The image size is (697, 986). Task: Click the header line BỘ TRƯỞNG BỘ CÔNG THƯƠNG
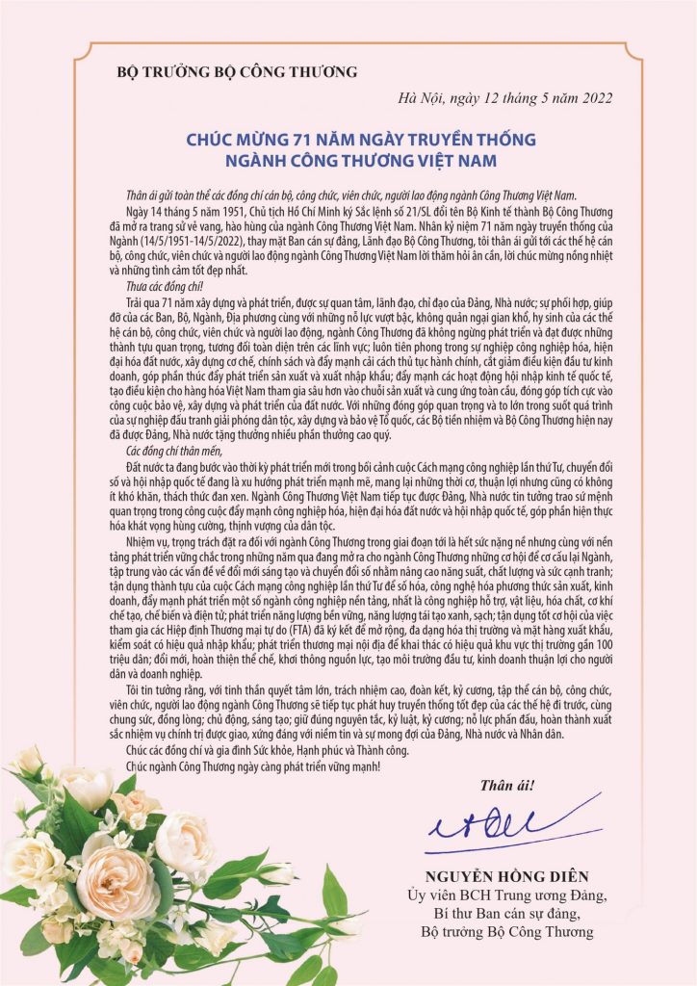pos(237,71)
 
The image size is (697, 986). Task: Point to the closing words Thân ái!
pos(510,785)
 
